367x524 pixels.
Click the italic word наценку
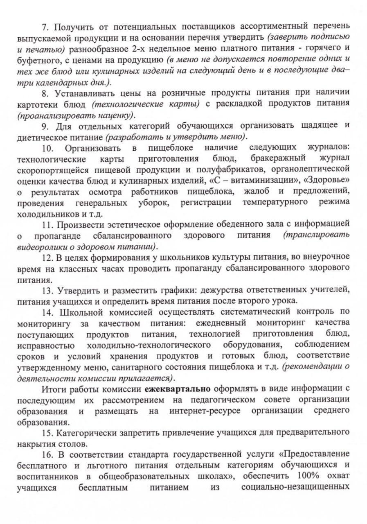click(x=114, y=114)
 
